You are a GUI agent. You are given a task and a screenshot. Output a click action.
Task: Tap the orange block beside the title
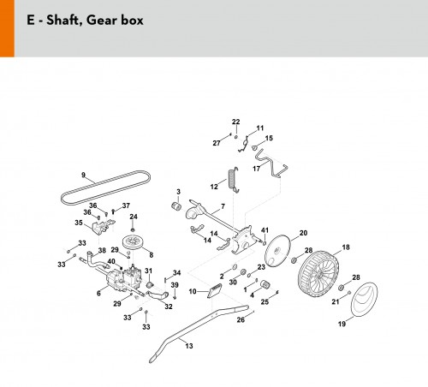coord(7,28)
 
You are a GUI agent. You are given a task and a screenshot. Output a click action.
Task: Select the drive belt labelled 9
coord(105,188)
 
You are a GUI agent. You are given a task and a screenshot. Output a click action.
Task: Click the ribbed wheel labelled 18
coord(319,275)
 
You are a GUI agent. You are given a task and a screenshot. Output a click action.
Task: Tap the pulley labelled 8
coord(134,242)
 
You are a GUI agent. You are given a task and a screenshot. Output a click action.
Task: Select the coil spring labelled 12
coord(233,180)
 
